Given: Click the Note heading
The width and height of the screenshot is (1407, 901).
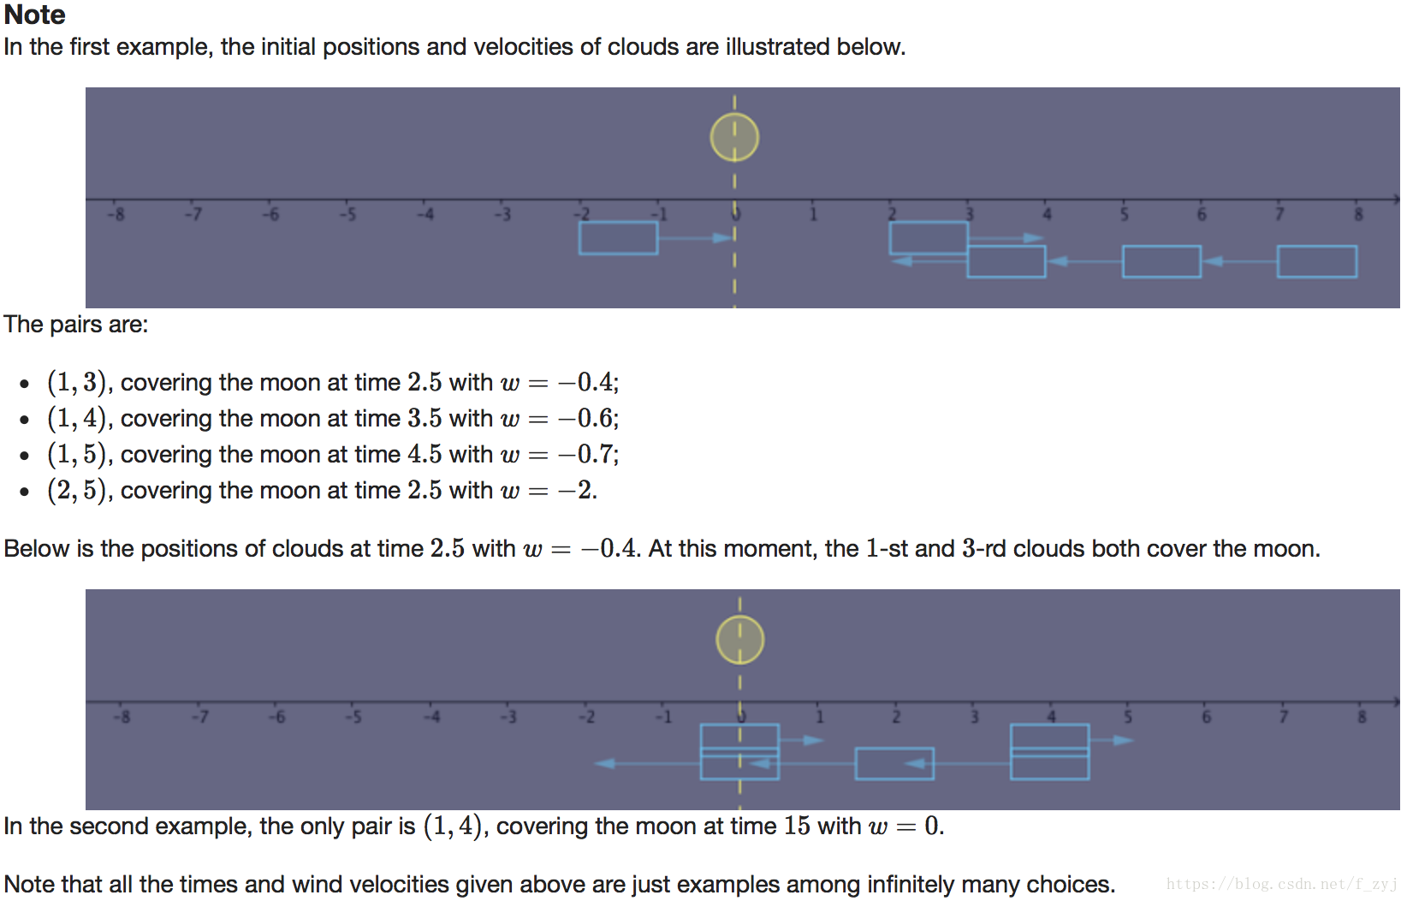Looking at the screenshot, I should [34, 15].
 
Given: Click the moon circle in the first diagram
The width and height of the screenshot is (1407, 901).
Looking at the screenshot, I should [734, 137].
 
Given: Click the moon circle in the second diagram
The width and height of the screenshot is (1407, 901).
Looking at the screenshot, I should [739, 640].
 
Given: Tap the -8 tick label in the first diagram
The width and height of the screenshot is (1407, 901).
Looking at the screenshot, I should [116, 214].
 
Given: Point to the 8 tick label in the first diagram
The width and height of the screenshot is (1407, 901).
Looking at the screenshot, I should [1358, 214].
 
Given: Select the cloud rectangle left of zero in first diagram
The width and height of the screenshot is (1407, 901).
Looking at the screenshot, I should [618, 238].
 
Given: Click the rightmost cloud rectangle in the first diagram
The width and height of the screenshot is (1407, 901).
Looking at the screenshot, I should [1316, 261].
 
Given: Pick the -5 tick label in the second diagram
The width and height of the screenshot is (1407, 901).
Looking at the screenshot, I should [353, 716].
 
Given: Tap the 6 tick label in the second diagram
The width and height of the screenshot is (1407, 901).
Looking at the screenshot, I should [1206, 716].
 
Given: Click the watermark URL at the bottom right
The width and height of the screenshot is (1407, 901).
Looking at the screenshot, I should [1281, 884].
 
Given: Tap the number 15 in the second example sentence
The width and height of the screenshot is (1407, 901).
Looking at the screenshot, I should [797, 826].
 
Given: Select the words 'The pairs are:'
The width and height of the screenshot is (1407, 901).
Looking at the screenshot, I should [75, 325].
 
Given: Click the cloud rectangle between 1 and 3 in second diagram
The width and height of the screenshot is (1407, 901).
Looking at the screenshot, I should [894, 763].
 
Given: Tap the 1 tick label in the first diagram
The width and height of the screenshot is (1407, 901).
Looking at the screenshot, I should [813, 214].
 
